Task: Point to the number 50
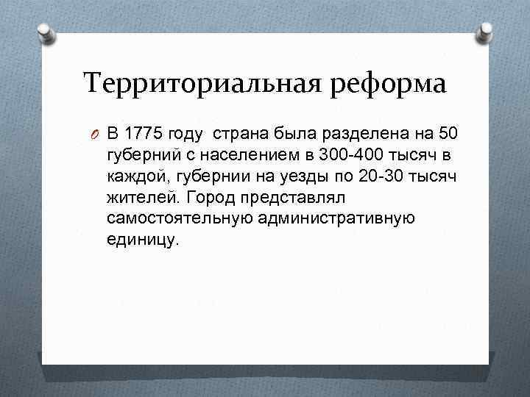(x=448, y=134)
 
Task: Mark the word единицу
(x=142, y=240)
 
